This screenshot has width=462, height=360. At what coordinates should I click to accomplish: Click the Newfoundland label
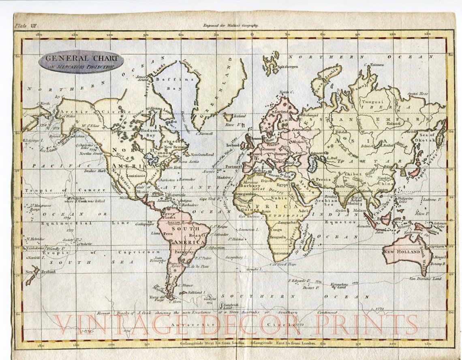(x=202, y=154)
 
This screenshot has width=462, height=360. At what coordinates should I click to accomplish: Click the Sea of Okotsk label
(x=426, y=138)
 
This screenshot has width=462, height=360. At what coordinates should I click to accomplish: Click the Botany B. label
(x=438, y=264)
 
